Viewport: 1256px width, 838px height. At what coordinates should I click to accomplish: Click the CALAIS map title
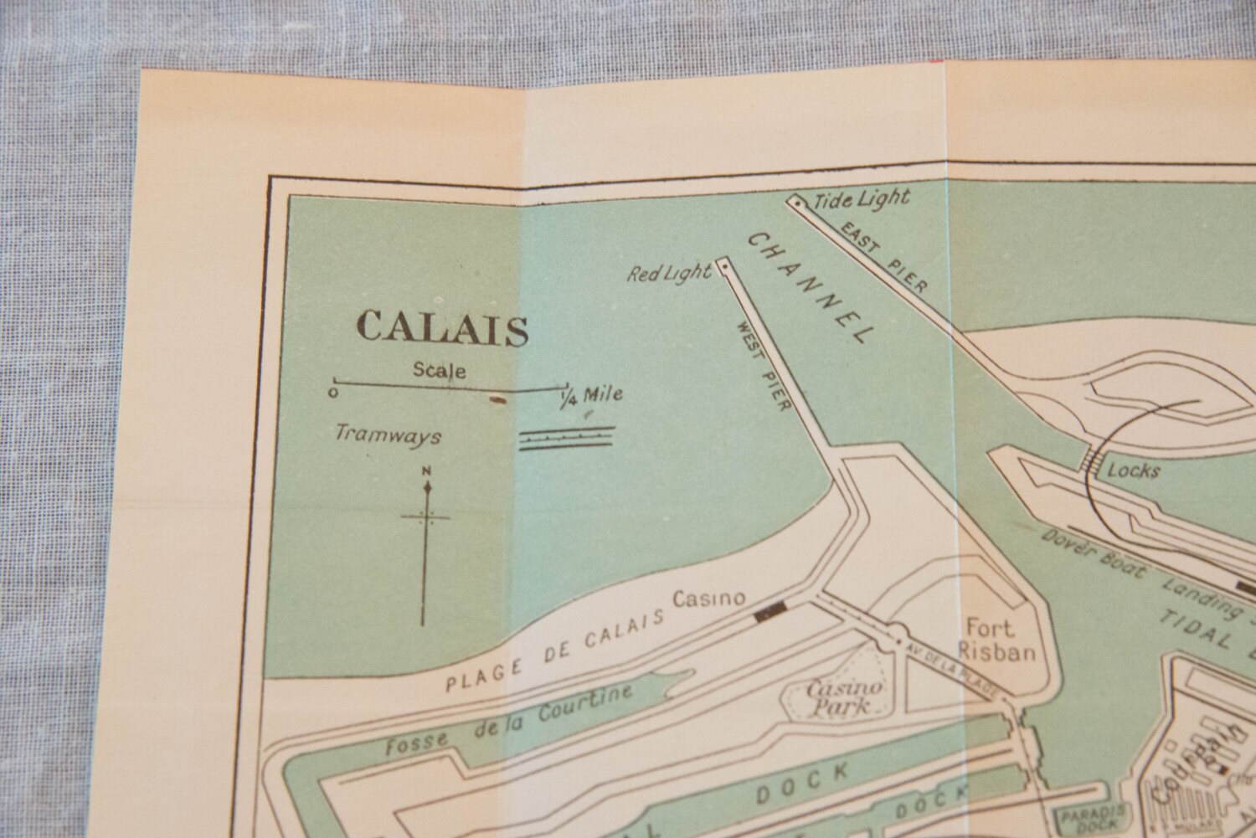(442, 328)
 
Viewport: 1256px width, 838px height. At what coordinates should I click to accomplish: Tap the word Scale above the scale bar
(440, 370)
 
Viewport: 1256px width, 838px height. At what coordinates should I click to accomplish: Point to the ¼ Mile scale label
(592, 394)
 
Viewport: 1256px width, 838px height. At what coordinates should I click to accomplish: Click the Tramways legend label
(388, 434)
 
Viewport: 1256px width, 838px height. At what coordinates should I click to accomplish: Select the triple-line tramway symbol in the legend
(567, 439)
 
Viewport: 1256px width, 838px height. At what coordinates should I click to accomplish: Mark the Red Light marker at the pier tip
(723, 267)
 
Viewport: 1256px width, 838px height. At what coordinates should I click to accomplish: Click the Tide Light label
(861, 199)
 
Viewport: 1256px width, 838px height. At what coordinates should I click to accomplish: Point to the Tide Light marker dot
(798, 203)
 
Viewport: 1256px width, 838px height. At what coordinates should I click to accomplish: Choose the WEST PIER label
(763, 368)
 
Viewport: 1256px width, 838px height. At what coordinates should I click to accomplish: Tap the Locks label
(1134, 471)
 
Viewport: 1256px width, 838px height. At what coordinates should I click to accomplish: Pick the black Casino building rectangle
(770, 614)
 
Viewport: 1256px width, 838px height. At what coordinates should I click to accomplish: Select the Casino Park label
(832, 697)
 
